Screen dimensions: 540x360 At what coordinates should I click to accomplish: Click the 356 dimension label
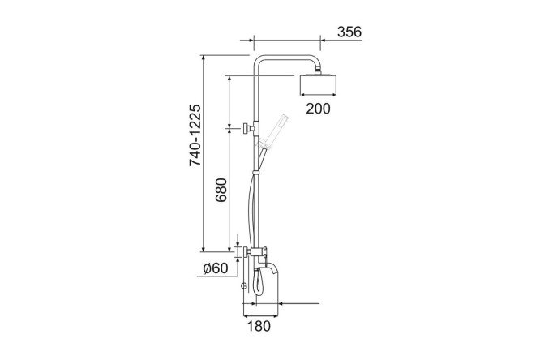(x=349, y=32)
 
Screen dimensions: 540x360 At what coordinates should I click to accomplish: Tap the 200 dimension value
(x=318, y=109)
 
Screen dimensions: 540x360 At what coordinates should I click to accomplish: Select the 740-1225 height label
(x=195, y=135)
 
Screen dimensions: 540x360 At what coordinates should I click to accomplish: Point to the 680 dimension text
(x=221, y=190)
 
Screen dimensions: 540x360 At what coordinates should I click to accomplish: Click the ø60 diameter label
(x=216, y=268)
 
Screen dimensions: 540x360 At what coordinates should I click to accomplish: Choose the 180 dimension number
(x=259, y=326)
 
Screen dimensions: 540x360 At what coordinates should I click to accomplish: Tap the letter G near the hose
(x=244, y=285)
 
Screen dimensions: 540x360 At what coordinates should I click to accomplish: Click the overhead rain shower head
(x=319, y=84)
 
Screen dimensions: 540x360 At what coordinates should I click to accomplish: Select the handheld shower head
(x=274, y=131)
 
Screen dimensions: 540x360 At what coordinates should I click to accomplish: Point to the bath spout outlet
(x=272, y=268)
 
